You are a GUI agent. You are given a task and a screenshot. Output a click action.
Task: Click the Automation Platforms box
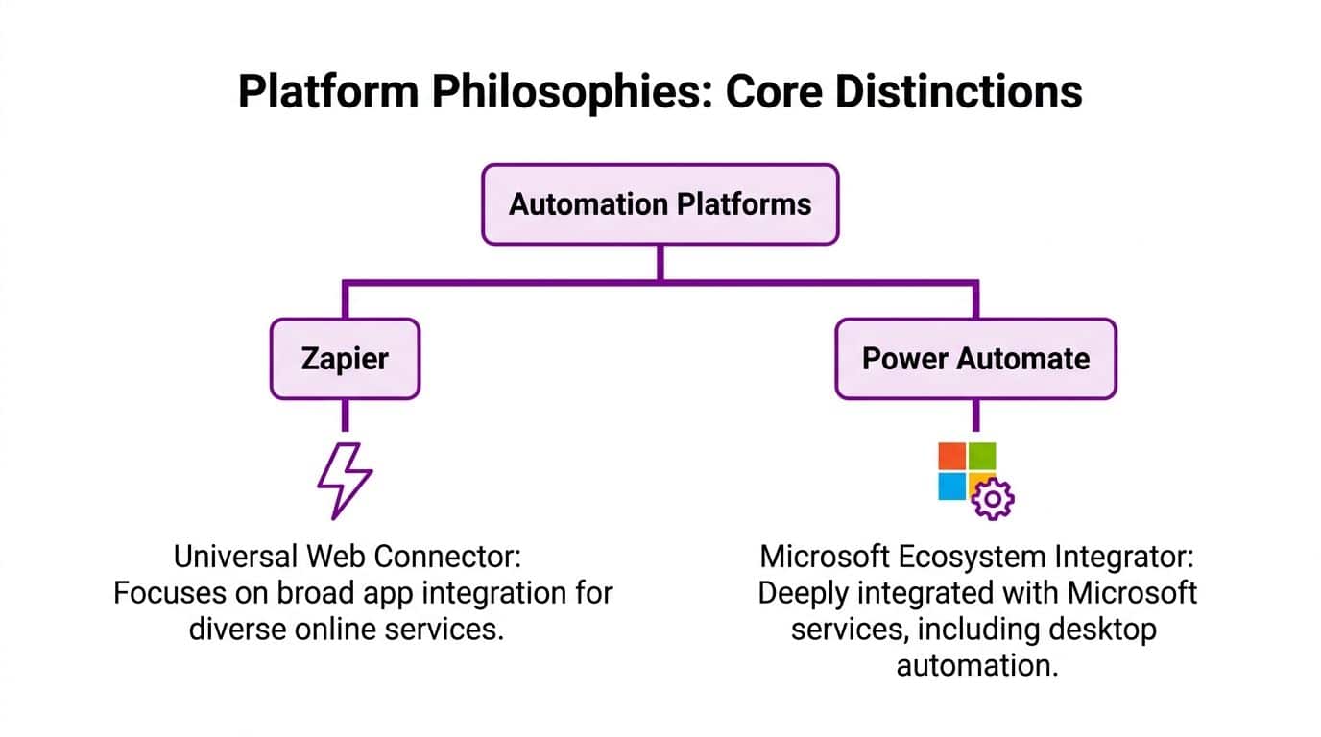tap(660, 203)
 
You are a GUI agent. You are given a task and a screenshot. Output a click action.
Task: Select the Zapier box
tap(345, 359)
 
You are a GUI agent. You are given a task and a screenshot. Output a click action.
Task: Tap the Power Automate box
tap(975, 359)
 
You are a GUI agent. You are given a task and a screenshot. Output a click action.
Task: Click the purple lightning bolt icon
tap(345, 480)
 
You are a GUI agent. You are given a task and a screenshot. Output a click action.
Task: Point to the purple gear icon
tap(993, 499)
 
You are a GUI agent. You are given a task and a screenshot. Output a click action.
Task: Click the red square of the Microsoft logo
tap(951, 456)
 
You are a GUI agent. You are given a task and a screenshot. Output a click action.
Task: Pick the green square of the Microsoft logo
tap(982, 456)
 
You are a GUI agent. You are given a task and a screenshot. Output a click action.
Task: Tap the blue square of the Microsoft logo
tap(951, 486)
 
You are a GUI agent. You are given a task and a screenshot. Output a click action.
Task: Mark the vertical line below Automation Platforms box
tap(660, 262)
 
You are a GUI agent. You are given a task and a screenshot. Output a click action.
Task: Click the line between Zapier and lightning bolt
tap(345, 416)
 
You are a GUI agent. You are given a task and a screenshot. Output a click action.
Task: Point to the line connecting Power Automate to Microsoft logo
tap(975, 416)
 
